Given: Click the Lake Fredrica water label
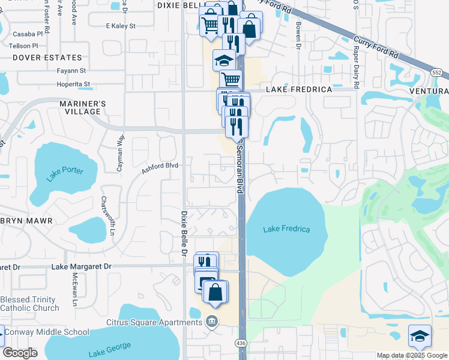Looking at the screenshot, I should (287, 229).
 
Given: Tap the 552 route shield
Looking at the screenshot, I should (437, 71).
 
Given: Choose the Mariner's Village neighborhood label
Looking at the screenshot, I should (83, 108).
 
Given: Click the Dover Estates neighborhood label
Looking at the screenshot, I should (47, 58).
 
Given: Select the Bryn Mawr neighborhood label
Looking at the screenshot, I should (27, 221).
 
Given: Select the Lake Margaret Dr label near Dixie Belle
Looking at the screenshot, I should (82, 266).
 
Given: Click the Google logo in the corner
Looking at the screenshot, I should (20, 353).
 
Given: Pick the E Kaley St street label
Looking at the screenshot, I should (121, 26).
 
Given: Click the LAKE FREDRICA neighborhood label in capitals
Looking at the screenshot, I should (299, 89).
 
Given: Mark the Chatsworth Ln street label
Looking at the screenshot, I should (107, 215).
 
